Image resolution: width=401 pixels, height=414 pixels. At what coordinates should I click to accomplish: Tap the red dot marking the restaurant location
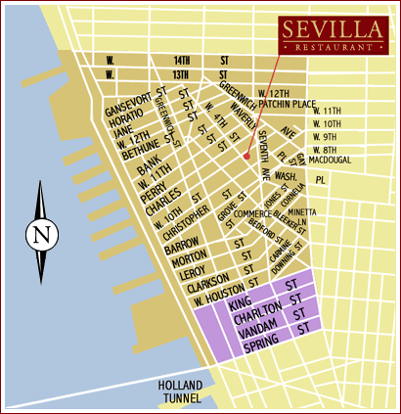coord(247,155)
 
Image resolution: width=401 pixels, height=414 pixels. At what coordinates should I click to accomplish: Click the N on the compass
coord(39,235)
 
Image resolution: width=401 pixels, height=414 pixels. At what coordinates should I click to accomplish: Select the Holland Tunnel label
coord(180,391)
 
